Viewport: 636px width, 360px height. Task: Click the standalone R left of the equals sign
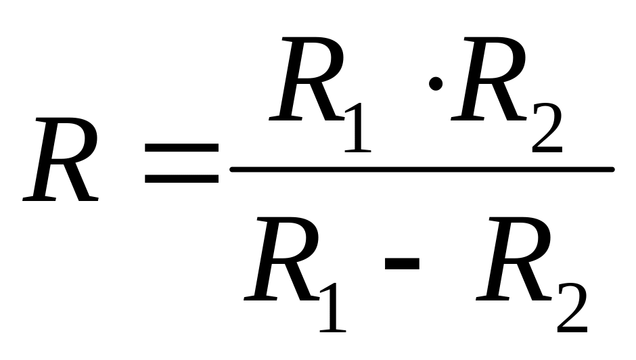pos(61,160)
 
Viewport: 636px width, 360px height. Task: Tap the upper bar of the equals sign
pos(182,148)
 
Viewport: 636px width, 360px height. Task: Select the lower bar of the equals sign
pos(182,178)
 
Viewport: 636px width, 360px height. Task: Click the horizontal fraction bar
pos(422,169)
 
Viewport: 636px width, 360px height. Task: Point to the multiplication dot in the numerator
pos(436,84)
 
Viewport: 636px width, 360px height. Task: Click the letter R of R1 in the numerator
pos(307,79)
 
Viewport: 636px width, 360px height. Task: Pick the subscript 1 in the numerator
pos(358,128)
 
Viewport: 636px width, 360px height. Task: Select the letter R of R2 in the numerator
pos(489,79)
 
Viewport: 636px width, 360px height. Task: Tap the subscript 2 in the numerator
pos(547,128)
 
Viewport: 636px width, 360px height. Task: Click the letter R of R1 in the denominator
pos(282,259)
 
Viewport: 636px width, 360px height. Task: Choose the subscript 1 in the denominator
pos(333,308)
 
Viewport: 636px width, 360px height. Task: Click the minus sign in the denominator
pos(402,263)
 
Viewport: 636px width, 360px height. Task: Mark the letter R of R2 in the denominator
pos(514,259)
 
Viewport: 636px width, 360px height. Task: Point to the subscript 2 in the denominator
pos(572,308)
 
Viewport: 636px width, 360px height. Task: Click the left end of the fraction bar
pos(231,169)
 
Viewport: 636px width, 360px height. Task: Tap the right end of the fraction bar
pos(614,169)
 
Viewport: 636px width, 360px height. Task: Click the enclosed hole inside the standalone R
pos(69,140)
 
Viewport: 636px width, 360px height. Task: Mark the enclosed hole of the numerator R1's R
pos(315,60)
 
